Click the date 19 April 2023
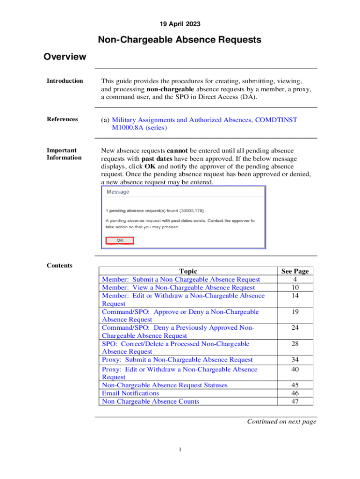point(180,23)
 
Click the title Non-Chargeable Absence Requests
point(180,40)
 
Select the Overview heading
point(65,57)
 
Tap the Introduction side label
point(65,81)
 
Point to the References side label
point(62,119)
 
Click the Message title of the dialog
point(118,192)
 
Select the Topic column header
point(188,271)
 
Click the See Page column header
point(295,271)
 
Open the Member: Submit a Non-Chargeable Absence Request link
point(181,279)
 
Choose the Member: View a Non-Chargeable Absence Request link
point(178,287)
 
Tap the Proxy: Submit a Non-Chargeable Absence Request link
point(177,360)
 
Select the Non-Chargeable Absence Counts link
point(150,401)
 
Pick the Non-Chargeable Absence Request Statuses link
point(165,385)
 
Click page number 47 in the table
point(295,401)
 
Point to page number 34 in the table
point(295,360)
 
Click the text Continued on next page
point(281,421)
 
